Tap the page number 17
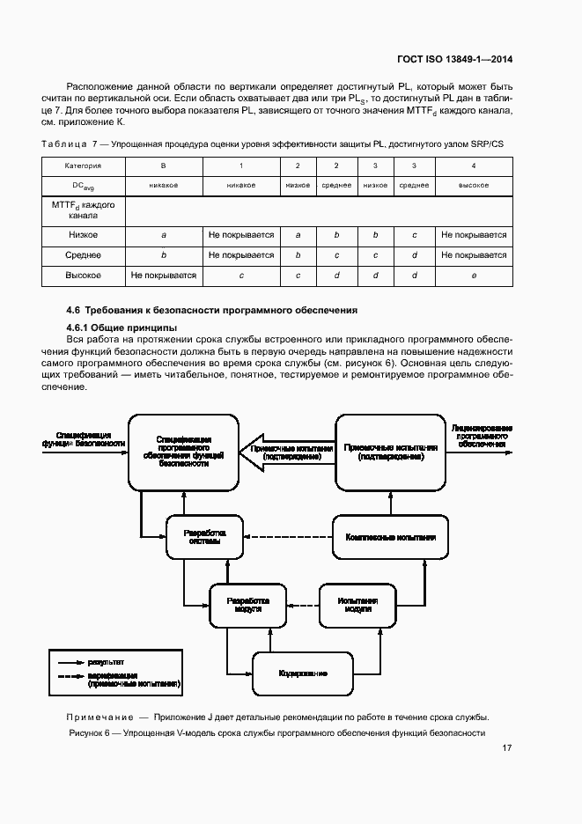[507, 747]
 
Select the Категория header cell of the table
[84, 166]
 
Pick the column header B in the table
[163, 166]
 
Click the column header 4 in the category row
[474, 166]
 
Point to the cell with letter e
[474, 276]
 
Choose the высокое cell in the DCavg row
[474, 186]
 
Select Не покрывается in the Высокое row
[163, 276]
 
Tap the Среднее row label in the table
[84, 255]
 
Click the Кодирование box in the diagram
[303, 673]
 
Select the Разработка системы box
[204, 537]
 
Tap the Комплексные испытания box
[390, 536]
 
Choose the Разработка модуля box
[248, 605]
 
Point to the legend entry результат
[106, 659]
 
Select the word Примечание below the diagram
[101, 716]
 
